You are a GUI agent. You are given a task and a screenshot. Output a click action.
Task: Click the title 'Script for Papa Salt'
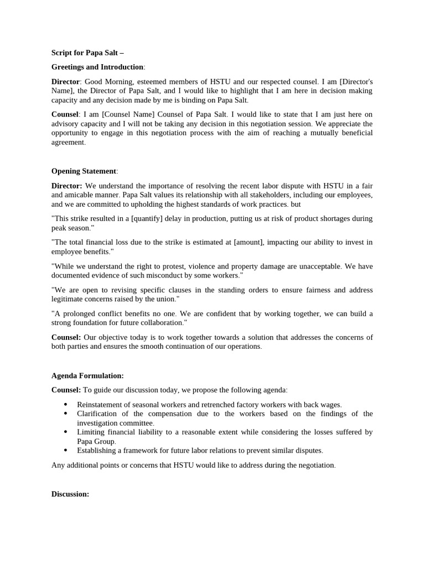click(87, 53)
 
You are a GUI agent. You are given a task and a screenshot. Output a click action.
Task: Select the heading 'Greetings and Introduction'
click(97, 67)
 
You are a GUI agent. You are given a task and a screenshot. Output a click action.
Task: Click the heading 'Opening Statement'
click(84, 171)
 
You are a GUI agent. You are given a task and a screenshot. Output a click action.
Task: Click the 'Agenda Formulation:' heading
click(87, 376)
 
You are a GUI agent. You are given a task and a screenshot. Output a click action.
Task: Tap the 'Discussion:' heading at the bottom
click(70, 494)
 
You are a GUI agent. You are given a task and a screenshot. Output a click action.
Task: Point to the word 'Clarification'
click(98, 414)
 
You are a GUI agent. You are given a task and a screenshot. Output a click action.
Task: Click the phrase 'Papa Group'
click(96, 442)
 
